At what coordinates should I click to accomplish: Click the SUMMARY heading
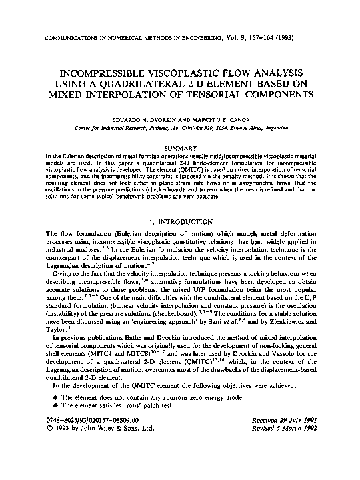(x=180, y=147)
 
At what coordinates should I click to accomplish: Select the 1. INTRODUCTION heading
(x=180, y=221)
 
